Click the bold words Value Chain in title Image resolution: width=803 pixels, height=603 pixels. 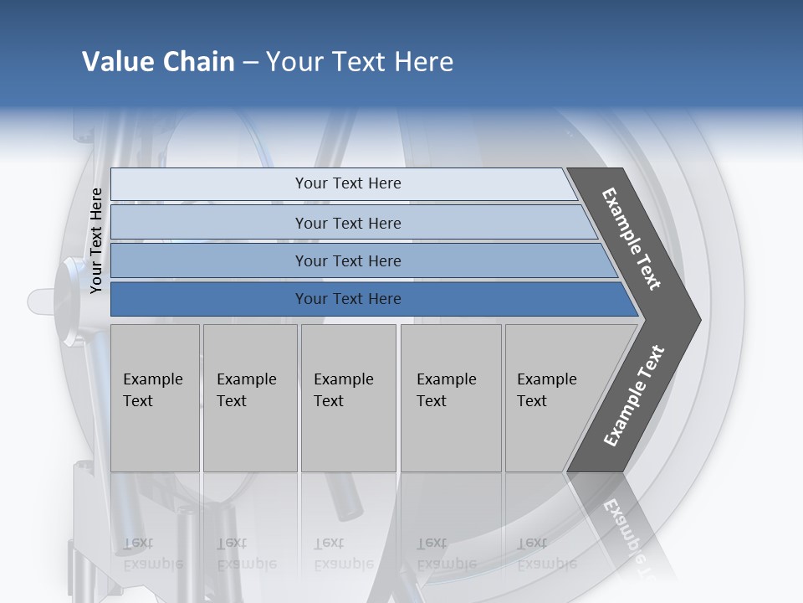pos(158,62)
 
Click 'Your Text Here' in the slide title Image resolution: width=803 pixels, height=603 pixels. pos(360,62)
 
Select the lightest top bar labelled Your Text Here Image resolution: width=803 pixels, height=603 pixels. pos(348,183)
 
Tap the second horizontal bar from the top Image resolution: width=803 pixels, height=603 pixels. pos(348,223)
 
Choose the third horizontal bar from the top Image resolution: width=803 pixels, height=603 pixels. pos(348,261)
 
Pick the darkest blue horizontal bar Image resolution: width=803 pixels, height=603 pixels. pos(348,299)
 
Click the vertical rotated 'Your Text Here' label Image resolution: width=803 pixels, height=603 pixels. pos(97,240)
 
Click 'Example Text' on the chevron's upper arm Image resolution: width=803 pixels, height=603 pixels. pos(632,239)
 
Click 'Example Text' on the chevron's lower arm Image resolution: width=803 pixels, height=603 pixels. pos(634,395)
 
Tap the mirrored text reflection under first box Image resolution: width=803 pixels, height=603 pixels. pos(153,554)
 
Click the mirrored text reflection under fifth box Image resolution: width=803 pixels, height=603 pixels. pos(547,554)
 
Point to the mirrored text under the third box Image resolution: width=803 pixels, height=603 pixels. pos(344,554)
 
